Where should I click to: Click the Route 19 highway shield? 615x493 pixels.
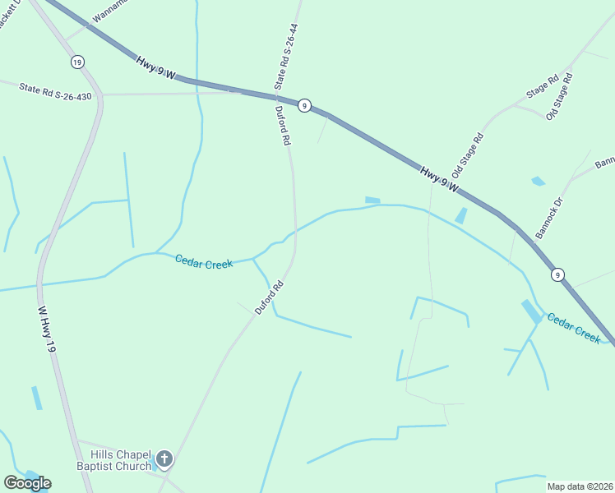point(77,62)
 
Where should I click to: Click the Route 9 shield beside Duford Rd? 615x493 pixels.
point(304,105)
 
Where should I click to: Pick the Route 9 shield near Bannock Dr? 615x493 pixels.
point(557,274)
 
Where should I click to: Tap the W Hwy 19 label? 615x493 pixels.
point(47,330)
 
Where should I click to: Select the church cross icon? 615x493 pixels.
point(164,458)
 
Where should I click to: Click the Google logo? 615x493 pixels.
point(27,483)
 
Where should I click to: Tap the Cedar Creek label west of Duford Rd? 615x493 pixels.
point(204,261)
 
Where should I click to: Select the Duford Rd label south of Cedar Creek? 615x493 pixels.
point(269,298)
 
